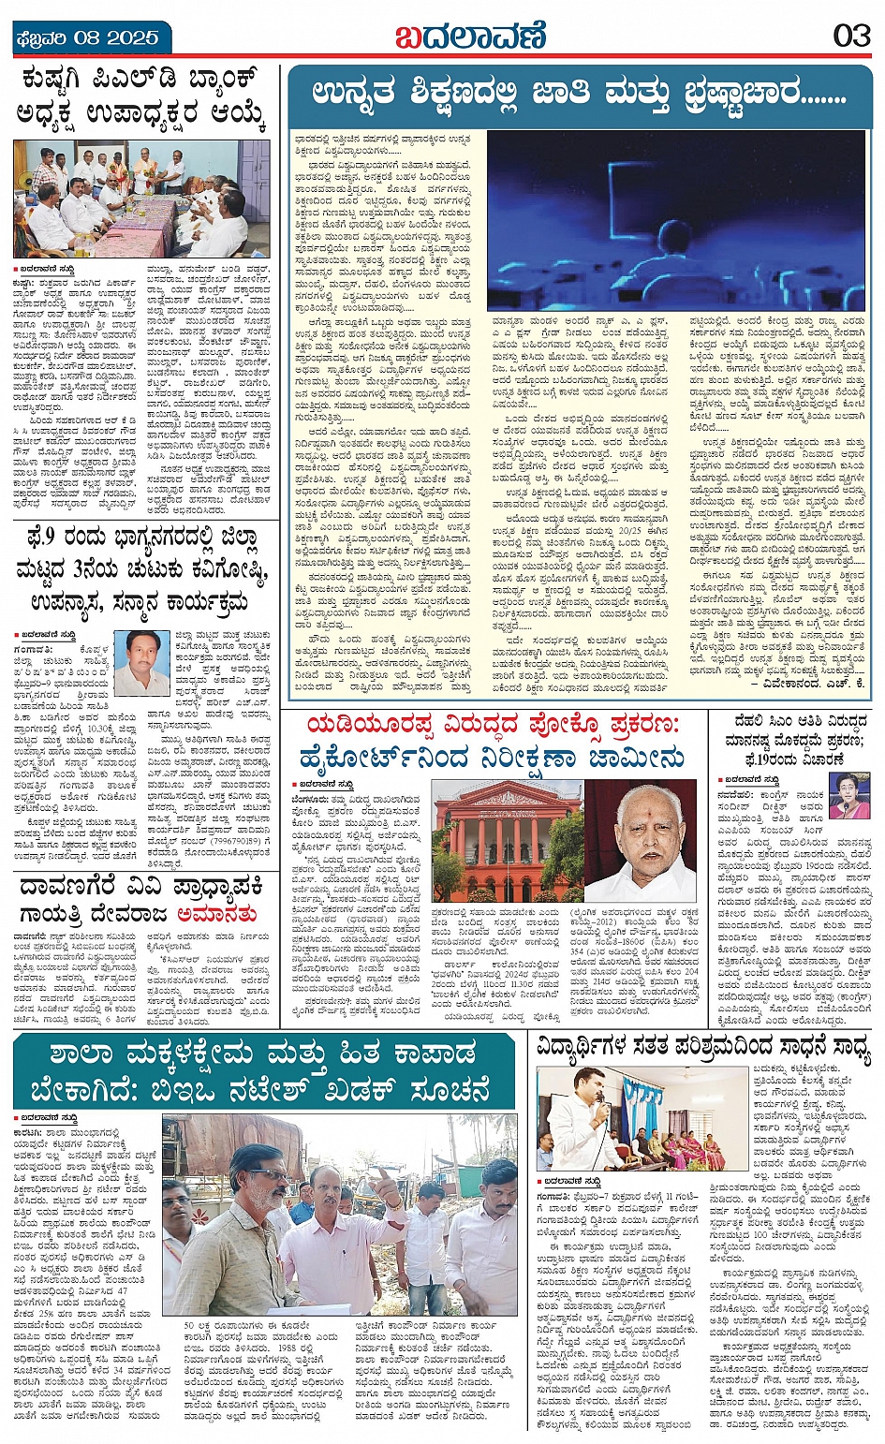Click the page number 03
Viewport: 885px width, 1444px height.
852,37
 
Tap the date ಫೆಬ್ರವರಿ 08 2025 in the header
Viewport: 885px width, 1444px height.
87,38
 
